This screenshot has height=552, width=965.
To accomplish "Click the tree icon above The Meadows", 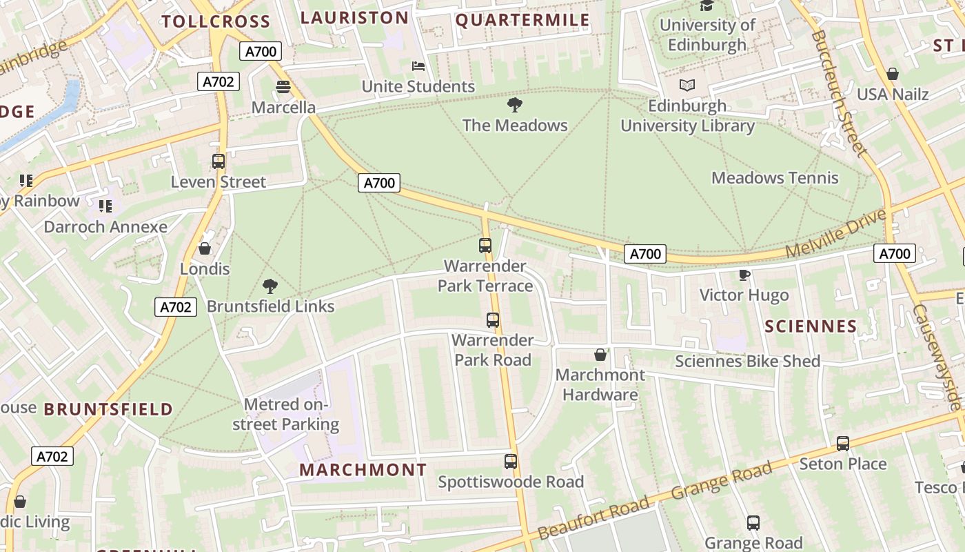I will pyautogui.click(x=514, y=105).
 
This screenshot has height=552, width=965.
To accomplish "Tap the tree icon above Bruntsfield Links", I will pyautogui.click(x=270, y=286).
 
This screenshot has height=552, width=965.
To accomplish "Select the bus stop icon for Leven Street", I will pyautogui.click(x=219, y=161).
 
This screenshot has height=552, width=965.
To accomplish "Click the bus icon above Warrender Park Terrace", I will pyautogui.click(x=485, y=246).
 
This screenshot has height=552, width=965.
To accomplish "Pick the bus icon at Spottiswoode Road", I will pyautogui.click(x=510, y=462).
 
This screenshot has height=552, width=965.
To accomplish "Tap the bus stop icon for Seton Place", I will pyautogui.click(x=842, y=444).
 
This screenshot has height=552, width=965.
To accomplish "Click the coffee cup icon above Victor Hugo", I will pyautogui.click(x=744, y=275).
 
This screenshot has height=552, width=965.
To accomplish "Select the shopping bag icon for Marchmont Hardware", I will pyautogui.click(x=600, y=355).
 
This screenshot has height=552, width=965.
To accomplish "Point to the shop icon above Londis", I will pyautogui.click(x=205, y=248).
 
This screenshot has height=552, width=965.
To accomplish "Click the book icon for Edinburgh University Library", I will pyautogui.click(x=687, y=86).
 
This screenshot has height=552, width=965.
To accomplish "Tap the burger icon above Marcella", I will pyautogui.click(x=283, y=87).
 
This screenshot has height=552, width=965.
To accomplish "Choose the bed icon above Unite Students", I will pyautogui.click(x=418, y=66).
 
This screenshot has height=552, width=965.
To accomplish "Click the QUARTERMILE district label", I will pyautogui.click(x=522, y=20).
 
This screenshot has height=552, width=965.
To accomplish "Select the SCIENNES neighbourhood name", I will pyautogui.click(x=811, y=326).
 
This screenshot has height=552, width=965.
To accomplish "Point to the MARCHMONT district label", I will pyautogui.click(x=363, y=470).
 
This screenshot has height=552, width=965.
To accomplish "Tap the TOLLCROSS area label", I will pyautogui.click(x=216, y=21).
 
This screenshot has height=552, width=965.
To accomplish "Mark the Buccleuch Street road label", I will pyautogui.click(x=838, y=92).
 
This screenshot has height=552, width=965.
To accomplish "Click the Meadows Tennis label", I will pyautogui.click(x=775, y=178).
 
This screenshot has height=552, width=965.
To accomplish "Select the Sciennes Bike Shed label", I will pyautogui.click(x=747, y=361).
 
